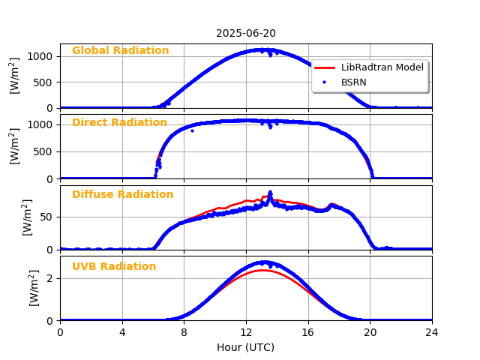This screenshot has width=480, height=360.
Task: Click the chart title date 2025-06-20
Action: coord(246,33)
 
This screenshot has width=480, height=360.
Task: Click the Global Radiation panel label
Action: coord(120,51)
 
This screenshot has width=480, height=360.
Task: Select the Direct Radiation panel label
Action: coord(119,123)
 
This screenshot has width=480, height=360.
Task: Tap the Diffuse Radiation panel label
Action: coord(122,195)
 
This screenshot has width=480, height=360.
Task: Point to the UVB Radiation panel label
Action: coord(114,267)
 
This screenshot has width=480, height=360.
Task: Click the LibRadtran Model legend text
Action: coord(382,67)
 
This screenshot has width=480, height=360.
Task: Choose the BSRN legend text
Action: coord(354,82)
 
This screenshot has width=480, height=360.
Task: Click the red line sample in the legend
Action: coord(325,67)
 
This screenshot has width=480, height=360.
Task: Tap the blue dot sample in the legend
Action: coord(325,82)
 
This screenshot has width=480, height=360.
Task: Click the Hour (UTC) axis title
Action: coord(246,347)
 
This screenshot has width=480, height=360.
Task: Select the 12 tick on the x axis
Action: coord(246,332)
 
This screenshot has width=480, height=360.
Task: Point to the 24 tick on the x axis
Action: coord(432,332)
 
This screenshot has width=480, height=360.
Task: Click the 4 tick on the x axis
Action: coord(122,332)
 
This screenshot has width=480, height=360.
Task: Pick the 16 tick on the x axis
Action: coord(308,332)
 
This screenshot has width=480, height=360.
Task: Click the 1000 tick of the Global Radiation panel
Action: coord(41,56)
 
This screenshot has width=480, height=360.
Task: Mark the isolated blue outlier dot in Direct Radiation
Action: coord(192,130)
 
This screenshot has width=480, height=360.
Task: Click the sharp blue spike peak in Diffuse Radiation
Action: coord(270,192)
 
